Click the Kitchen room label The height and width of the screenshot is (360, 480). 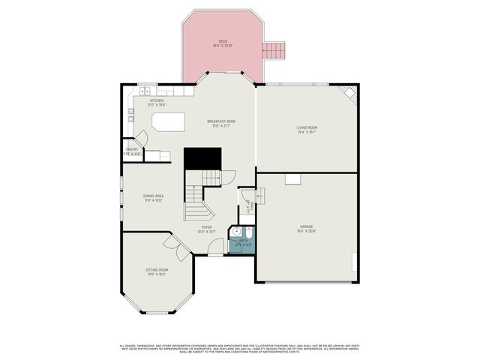pos(157,100)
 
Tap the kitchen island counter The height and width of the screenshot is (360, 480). pos(168,121)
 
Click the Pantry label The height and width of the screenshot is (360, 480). pos(131,149)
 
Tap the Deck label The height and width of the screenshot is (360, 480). pos(223,41)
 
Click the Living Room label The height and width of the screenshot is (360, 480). pos(307,128)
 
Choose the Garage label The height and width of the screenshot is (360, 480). pos(306,226)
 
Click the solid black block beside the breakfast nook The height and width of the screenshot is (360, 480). pos(203,157)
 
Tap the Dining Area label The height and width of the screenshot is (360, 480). pos(154,196)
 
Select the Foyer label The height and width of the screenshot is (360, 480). pos(206,227)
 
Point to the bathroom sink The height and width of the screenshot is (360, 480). pos(235,232)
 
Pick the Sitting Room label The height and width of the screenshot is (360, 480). pos(157,269)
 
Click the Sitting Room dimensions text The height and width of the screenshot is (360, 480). pos(157,274)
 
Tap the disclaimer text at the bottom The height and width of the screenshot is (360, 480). pos(240,349)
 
